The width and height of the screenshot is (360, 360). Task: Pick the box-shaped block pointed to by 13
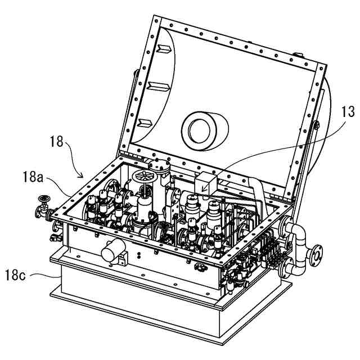pyautogui.click(x=205, y=182)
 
